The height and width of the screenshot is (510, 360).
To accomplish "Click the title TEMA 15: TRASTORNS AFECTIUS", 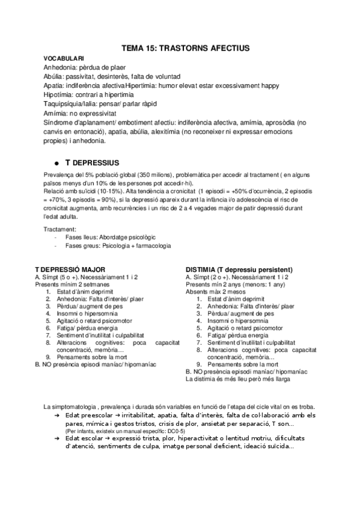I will point(186,47).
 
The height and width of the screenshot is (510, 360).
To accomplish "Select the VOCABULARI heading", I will point(64,58).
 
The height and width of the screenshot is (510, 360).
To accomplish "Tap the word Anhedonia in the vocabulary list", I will point(59,68).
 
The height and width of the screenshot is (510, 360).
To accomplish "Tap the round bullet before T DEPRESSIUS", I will point(56,164).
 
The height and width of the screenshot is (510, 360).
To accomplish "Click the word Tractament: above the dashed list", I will point(60,229).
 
